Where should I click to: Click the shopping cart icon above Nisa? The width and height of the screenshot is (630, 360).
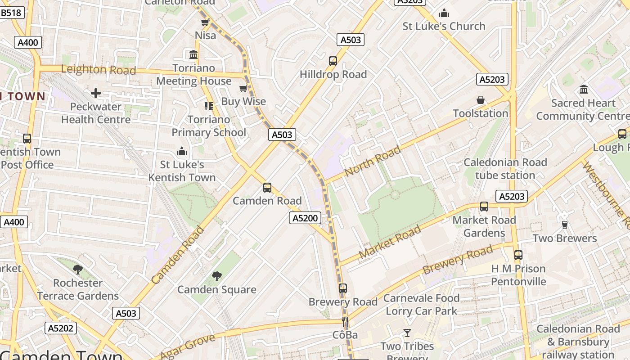click(205, 22)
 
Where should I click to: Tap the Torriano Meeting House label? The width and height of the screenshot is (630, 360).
click(193, 75)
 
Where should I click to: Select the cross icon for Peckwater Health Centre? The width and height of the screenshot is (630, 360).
click(95, 93)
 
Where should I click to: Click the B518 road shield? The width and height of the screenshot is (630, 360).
click(11, 13)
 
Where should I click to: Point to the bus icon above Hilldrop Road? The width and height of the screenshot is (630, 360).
click(333, 61)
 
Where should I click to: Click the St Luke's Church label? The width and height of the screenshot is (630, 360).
click(444, 26)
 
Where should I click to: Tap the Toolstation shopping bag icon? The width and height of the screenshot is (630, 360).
click(480, 100)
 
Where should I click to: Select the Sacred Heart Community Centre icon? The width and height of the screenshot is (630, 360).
click(584, 89)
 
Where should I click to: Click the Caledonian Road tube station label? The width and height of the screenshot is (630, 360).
click(505, 169)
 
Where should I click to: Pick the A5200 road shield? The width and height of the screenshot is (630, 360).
click(305, 218)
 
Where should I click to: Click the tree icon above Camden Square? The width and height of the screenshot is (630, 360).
click(216, 276)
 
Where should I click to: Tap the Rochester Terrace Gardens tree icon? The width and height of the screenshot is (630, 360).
click(77, 269)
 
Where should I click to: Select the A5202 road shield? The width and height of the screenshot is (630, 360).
click(61, 328)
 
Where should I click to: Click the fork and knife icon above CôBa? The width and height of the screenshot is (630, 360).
click(345, 321)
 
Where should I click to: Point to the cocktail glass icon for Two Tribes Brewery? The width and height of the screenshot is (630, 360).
click(407, 333)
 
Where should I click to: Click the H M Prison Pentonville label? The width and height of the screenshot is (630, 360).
click(518, 275)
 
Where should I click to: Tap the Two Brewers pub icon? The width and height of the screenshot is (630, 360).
click(564, 225)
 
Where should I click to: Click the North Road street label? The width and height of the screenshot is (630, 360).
click(372, 161)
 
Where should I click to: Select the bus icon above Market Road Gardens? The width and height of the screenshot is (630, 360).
click(484, 207)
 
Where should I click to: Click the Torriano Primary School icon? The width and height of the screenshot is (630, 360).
click(208, 106)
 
